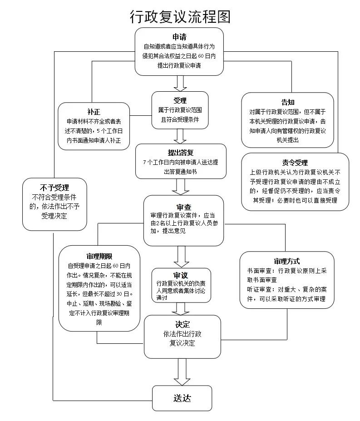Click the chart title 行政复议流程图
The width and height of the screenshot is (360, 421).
coord(180,16)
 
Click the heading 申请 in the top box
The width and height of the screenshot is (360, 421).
coord(179,37)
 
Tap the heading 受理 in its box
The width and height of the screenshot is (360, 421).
coord(180,100)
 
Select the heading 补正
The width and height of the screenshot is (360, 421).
coord(94,111)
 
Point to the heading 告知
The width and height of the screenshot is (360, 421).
coord(288,102)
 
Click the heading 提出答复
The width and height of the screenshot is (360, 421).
coord(181,152)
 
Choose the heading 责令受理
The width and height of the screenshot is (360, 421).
coord(295,163)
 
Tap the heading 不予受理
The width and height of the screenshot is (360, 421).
coord(54,187)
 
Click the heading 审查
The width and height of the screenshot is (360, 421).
coord(184,207)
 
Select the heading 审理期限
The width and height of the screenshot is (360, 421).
coord(99,256)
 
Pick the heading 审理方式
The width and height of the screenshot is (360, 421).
coord(286,261)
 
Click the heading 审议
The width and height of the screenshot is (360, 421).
coord(181,275)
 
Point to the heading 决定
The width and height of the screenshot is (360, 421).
coord(182,324)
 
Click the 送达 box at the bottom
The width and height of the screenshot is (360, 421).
coord(182,398)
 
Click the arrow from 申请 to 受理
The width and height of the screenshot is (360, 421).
coord(180,83)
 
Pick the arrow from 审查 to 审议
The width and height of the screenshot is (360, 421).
coord(182,257)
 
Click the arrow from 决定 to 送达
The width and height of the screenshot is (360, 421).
coord(182,371)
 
